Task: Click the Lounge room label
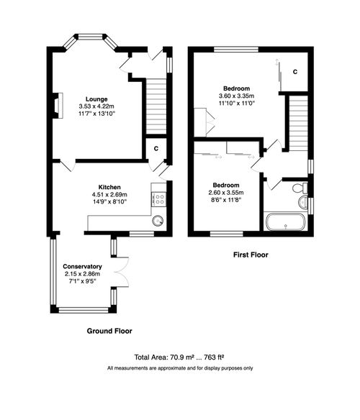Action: point(96,99)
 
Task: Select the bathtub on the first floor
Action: point(287,223)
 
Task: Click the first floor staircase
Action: point(297,122)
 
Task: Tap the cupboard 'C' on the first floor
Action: point(296,72)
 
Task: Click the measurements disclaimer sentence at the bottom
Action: point(180,368)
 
